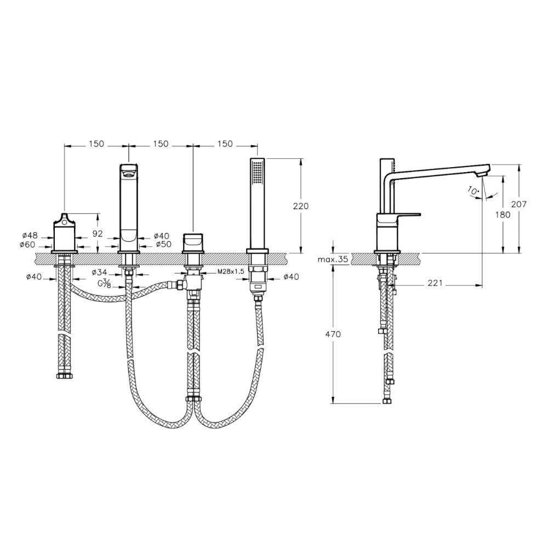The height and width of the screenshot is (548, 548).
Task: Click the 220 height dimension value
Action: click(x=300, y=206)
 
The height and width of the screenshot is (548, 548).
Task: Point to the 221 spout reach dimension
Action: click(x=435, y=283)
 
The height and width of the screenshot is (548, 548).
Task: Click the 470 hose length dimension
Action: click(x=333, y=334)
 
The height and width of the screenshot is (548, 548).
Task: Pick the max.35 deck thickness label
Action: click(x=333, y=259)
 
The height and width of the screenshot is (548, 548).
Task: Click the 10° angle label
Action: click(x=473, y=191)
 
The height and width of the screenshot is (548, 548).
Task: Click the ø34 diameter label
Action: click(x=99, y=272)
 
